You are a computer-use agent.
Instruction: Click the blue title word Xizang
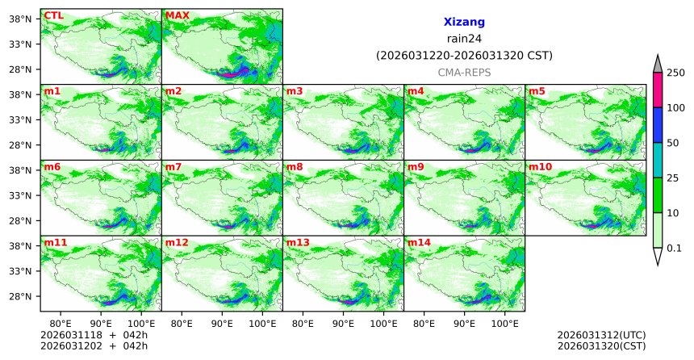pos(464,23)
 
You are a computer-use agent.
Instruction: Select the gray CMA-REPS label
pos(464,73)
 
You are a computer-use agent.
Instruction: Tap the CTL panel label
pos(53,15)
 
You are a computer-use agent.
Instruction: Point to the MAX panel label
pos(178,15)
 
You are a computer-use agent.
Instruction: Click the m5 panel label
pos(537,91)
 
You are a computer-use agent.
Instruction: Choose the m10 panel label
pos(541,167)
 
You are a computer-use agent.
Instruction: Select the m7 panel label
pos(174,167)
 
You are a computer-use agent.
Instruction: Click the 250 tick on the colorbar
pos(676,73)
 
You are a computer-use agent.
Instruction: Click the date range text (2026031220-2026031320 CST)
pos(464,56)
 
